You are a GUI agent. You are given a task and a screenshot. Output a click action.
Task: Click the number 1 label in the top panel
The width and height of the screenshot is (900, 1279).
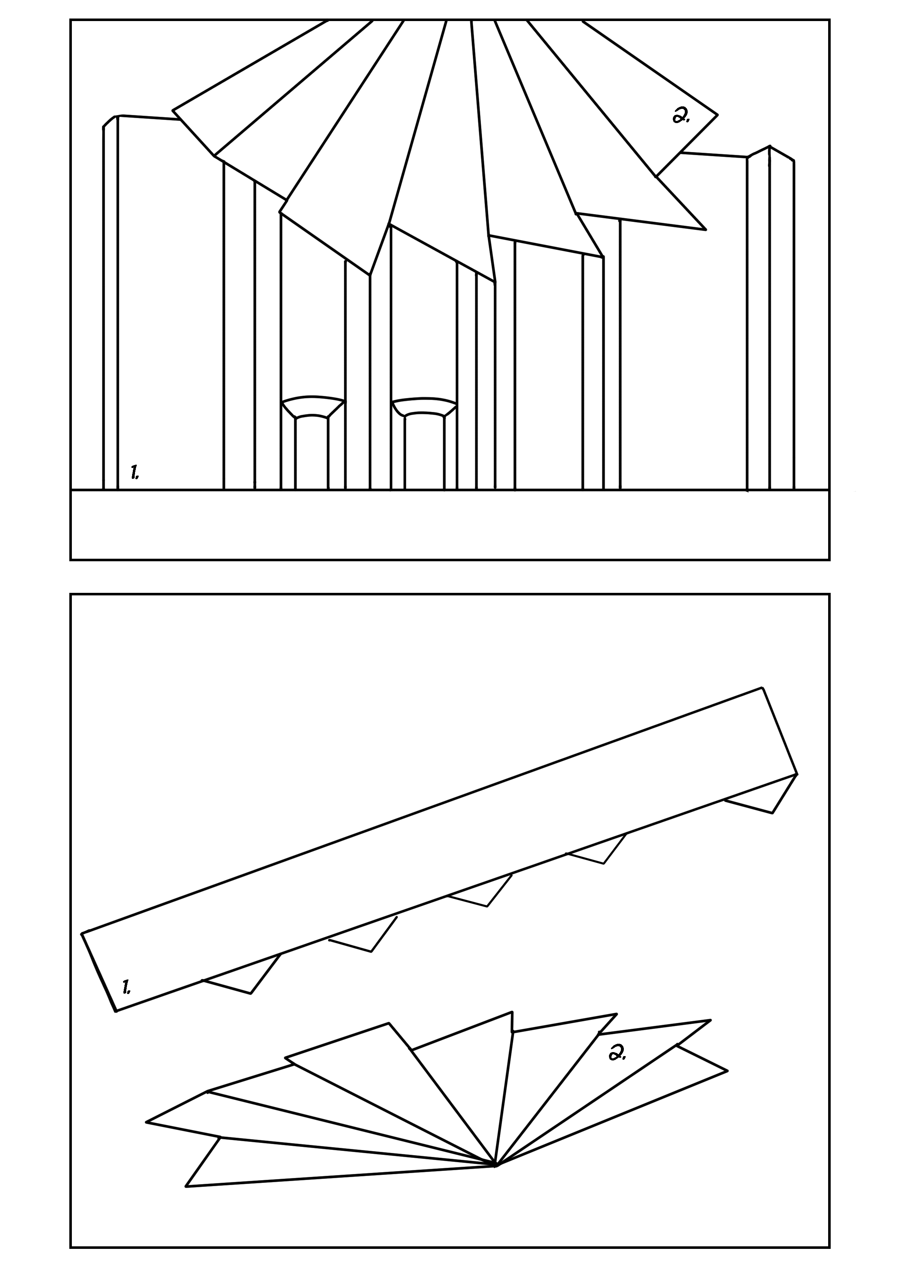point(134,472)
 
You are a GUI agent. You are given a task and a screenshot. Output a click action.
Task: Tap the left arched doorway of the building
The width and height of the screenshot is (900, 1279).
point(311,452)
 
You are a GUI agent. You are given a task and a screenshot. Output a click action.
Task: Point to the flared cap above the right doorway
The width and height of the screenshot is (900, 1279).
point(424,406)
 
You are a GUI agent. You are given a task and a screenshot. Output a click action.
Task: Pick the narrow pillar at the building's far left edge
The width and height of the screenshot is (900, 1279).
point(110,304)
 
